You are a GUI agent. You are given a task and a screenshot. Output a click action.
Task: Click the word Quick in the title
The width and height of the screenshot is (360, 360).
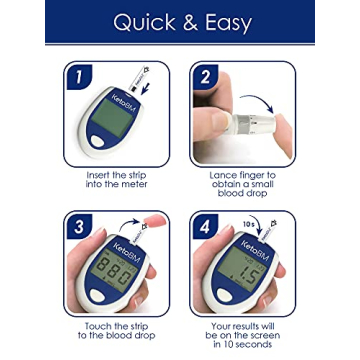(x=145, y=23)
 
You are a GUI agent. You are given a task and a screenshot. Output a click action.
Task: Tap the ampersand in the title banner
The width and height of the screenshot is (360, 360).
(x=190, y=23)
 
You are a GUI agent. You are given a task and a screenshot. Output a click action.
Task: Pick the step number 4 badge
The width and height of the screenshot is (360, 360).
(x=204, y=227)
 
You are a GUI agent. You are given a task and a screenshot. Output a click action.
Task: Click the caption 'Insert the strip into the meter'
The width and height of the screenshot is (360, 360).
(x=117, y=180)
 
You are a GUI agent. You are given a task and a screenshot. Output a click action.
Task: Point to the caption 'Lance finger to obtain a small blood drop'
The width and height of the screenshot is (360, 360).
(x=243, y=184)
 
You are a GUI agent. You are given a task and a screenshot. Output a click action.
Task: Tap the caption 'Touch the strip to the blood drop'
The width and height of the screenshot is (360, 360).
(x=117, y=331)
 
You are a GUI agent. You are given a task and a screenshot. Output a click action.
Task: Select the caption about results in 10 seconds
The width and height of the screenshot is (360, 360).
(x=243, y=335)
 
